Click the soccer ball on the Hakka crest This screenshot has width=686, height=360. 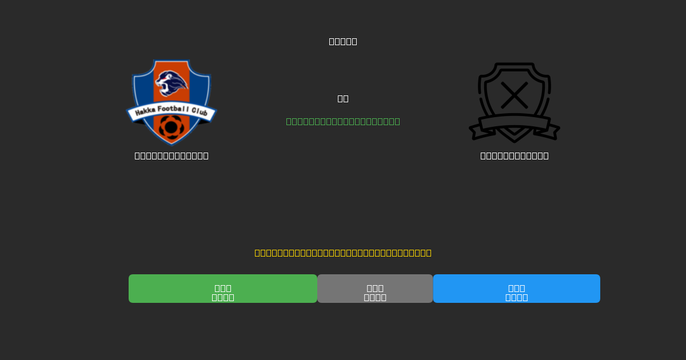(171, 127)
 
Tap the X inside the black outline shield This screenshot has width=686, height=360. (514, 95)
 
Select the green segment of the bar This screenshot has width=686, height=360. (223, 289)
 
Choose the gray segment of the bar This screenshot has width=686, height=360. (375, 289)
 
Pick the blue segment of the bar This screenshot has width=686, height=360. (517, 289)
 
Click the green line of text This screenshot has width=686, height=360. (343, 121)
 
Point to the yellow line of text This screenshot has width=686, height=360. (343, 253)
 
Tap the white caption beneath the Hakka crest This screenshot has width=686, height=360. (171, 155)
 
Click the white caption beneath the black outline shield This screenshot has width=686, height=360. (514, 155)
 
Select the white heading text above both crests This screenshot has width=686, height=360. (343, 41)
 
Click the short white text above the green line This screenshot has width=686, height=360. (343, 98)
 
